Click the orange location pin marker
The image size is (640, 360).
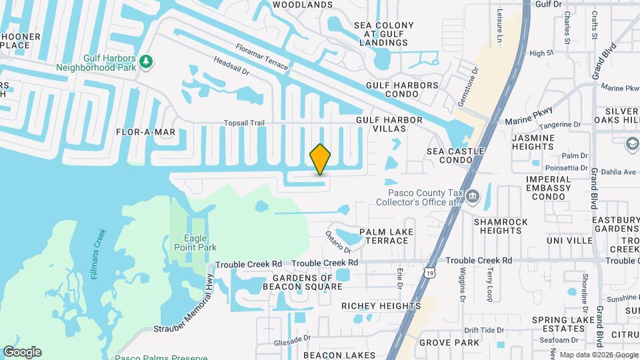pos(320,159)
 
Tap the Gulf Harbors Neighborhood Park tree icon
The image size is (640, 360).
pos(146,62)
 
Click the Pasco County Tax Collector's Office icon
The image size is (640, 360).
pos(473,196)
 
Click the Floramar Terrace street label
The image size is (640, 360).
pos(262,57)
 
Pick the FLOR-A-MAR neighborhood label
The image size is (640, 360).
pos(145,132)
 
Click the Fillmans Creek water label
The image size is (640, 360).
pos(99,253)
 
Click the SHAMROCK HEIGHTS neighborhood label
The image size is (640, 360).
pos(501,226)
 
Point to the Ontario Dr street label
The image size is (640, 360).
pos(338,241)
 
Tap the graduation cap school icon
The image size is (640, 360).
pos(631,143)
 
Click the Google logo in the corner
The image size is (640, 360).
pos(22,351)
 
